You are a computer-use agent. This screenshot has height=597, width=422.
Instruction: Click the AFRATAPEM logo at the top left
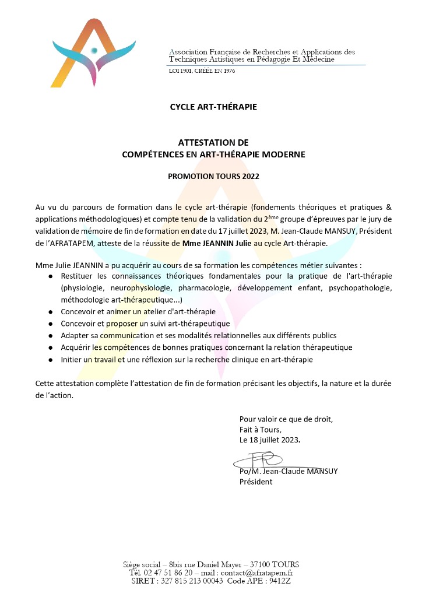coord(93,52)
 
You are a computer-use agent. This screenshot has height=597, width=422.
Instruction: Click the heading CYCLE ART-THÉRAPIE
coord(213,107)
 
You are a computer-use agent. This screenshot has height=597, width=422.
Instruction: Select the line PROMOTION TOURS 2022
coord(213,175)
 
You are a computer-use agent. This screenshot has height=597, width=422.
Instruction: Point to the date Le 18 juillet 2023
coord(271,440)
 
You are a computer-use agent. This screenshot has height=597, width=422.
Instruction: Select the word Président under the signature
coord(256,482)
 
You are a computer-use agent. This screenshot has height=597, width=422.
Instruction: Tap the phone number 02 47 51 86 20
coord(170,573)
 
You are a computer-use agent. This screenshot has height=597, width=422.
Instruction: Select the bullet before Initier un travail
coord(51,360)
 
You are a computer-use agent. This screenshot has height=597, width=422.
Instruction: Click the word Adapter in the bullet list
coord(75,336)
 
